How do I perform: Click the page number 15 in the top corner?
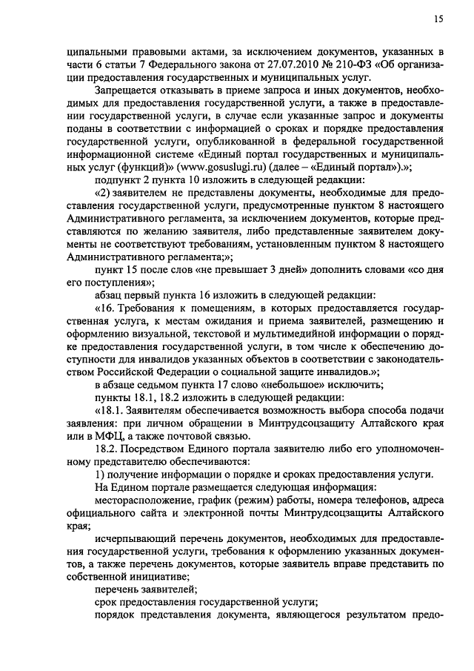pos(438,19)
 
